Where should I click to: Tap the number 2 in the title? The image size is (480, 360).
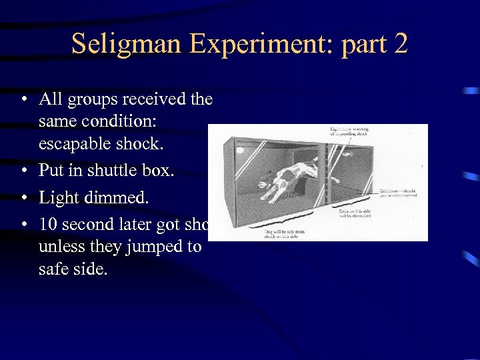tap(400, 44)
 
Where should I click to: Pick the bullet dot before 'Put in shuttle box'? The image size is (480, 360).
tap(23, 171)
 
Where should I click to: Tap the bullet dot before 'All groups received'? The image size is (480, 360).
tap(23, 99)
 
